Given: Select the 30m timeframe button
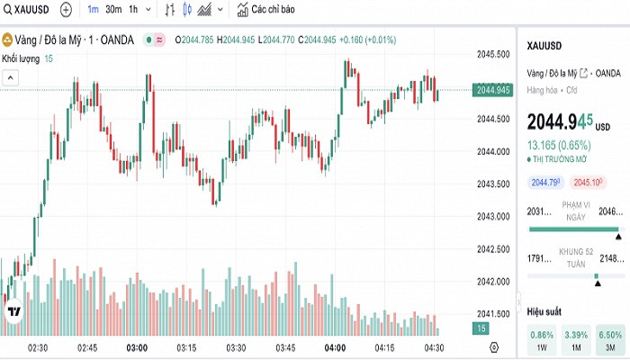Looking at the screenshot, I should click(x=113, y=10).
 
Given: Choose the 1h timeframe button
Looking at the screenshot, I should click(x=133, y=10).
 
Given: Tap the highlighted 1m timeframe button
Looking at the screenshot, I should click(x=93, y=10).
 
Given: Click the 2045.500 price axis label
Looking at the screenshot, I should click(x=493, y=54).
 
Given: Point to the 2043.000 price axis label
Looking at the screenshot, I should click(x=493, y=216).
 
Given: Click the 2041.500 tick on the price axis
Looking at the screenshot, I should click(x=493, y=313).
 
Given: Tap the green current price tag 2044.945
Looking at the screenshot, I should click(x=493, y=90).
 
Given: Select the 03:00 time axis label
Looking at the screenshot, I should click(x=137, y=347).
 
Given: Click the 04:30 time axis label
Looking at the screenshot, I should click(x=434, y=347).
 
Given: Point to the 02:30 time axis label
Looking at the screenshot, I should click(x=38, y=347).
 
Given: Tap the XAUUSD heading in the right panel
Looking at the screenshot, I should click(x=544, y=44).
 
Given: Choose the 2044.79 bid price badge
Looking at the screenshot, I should click(x=546, y=183).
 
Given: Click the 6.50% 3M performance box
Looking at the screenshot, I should click(x=609, y=339).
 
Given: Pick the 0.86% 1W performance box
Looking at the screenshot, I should click(x=543, y=339).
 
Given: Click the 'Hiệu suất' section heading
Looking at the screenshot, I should click(x=544, y=311).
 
